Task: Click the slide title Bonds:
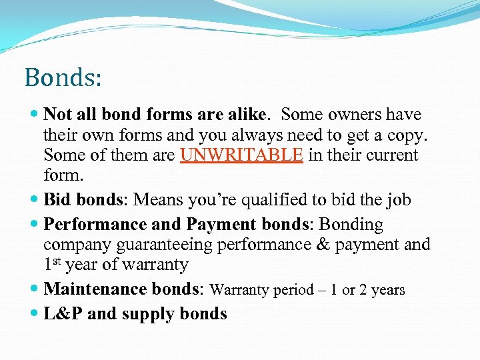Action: [63, 77]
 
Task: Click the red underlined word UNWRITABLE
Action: [242, 156]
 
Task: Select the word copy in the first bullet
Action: [405, 135]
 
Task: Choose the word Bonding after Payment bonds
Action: [351, 225]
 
